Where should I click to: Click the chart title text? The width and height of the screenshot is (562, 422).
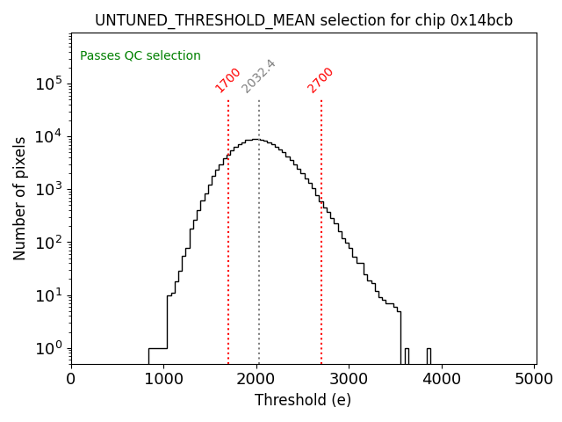pos(304,20)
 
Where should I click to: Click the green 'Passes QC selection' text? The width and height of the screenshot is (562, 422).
pos(140,56)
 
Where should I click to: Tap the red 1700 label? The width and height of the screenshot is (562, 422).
pos(228,79)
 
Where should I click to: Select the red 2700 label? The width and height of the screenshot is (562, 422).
pos(321,79)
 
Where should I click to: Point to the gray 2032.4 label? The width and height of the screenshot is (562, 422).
pos(259,76)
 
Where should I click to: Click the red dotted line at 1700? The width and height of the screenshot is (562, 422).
pos(228,264)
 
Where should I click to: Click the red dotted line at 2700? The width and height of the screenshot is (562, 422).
pos(321,264)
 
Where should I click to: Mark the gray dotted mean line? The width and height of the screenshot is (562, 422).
pos(259,264)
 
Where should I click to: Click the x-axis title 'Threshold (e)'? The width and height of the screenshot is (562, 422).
pos(303,400)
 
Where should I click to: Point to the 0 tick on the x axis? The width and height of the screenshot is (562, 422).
pos(71,379)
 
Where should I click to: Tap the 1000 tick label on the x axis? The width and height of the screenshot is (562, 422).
pos(163,379)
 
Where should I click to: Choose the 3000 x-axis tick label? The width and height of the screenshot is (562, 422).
pos(349,379)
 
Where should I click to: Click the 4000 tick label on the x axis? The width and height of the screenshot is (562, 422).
pos(443,379)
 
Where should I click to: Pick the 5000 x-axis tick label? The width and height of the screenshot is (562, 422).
pos(534,379)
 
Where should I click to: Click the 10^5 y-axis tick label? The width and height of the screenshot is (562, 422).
pos(47,84)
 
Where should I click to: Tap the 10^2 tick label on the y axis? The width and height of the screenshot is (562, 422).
pos(47,243)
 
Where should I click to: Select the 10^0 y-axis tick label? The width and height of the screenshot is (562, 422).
pos(47,349)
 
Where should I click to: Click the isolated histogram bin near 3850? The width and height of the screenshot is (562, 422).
pos(429,356)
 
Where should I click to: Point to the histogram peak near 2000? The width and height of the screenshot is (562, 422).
pos(255,140)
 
